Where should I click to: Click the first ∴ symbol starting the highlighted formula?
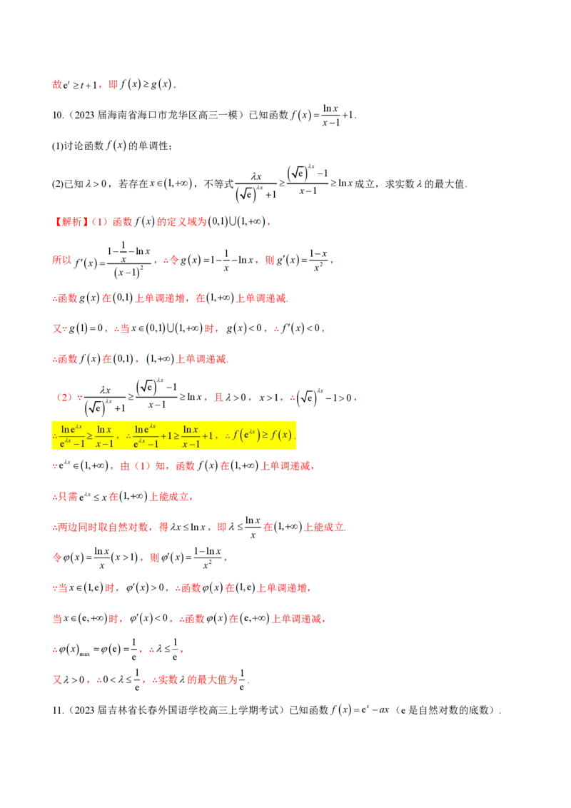pyautogui.click(x=55, y=435)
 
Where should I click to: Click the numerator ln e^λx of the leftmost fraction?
pyautogui.click(x=71, y=429)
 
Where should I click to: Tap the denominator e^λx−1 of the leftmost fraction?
pyautogui.click(x=73, y=443)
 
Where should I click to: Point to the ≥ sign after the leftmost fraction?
pyautogui.click(x=90, y=435)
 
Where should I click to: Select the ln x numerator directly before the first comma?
pyautogui.click(x=104, y=429)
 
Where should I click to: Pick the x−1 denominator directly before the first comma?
pyautogui.click(x=104, y=443)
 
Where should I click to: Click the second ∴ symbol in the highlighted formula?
pyautogui.click(x=128, y=435)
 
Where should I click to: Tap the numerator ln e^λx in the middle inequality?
pyautogui.click(x=146, y=429)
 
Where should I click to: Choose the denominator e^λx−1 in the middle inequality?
pyautogui.click(x=146, y=443)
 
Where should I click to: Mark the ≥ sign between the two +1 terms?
pyautogui.click(x=177, y=435)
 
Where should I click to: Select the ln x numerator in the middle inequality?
pyautogui.click(x=190, y=429)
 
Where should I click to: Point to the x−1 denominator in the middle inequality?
pyautogui.click(x=190, y=443)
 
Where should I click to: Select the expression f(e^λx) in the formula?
pyautogui.click(x=248, y=435)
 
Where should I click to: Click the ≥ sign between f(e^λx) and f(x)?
pyautogui.click(x=269, y=435)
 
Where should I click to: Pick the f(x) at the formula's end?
pyautogui.click(x=283, y=435)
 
